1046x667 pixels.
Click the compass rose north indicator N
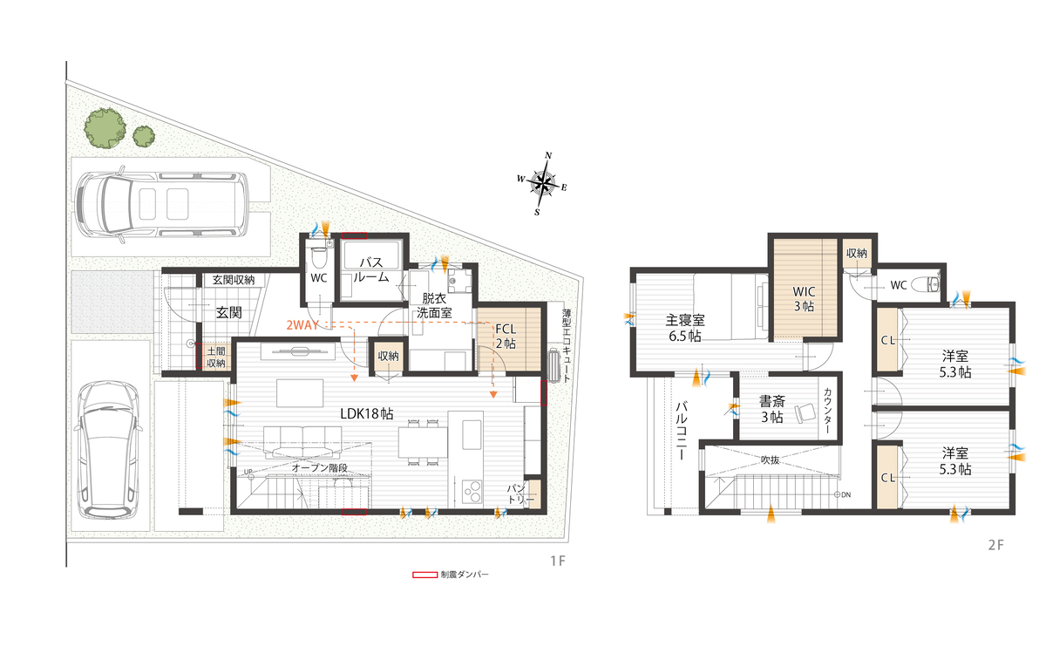[x=548, y=155]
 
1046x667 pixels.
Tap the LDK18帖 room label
[x=367, y=414]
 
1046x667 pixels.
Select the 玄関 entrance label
[x=228, y=312]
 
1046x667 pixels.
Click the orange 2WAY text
[x=302, y=325]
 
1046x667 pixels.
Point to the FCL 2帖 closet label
[x=506, y=337]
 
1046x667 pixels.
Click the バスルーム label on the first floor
[x=371, y=269]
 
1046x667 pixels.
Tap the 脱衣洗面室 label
[x=434, y=305]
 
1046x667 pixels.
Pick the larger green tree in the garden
[x=105, y=128]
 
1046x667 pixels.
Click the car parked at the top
[x=161, y=205]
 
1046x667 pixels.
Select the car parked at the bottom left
[x=109, y=450]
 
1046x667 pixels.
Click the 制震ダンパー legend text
[x=464, y=575]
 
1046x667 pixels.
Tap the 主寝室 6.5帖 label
[x=685, y=328]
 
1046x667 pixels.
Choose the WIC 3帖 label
[x=804, y=299]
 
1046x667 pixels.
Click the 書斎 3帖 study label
[x=772, y=409]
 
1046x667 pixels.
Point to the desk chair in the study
[x=804, y=412]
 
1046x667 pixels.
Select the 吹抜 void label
[x=770, y=460]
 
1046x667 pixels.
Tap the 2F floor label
[x=996, y=545]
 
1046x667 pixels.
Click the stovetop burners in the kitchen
[x=472, y=490]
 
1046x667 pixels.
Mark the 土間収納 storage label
[x=216, y=357]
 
